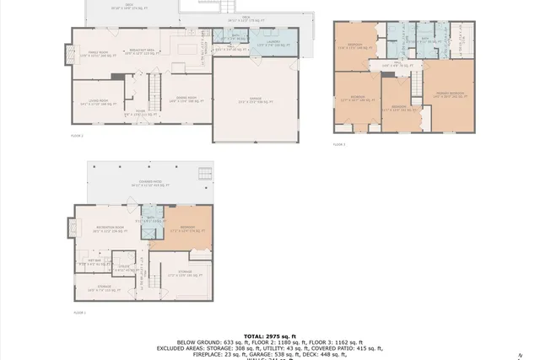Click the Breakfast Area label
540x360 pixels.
(x=140, y=51)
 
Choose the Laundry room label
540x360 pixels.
(x=273, y=42)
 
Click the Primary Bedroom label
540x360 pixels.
(x=450, y=94)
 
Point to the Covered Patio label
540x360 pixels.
(x=145, y=183)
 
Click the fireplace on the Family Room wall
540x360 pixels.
(x=67, y=54)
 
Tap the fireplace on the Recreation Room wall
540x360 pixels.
(x=68, y=227)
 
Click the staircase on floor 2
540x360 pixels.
(x=154, y=88)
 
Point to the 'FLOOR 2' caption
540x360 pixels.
(x=77, y=135)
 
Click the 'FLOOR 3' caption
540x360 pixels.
(x=338, y=144)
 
